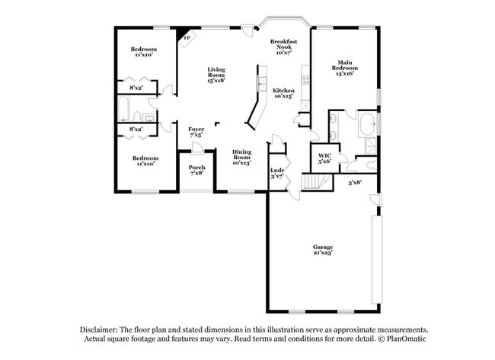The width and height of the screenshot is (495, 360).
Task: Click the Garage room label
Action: [x=322, y=246]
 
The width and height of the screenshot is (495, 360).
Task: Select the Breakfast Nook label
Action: [x=283, y=43]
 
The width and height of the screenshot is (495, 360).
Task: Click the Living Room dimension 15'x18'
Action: [x=216, y=79]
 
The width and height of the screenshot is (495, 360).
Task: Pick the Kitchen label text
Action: [x=283, y=91]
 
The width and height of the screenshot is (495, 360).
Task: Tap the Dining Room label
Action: [x=241, y=155]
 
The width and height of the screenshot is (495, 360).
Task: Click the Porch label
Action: [x=196, y=167]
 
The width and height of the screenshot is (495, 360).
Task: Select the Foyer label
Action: [x=196, y=129]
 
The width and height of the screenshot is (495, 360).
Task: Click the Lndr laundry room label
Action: [x=277, y=170]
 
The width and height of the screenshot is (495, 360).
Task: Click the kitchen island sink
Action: [x=261, y=82]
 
